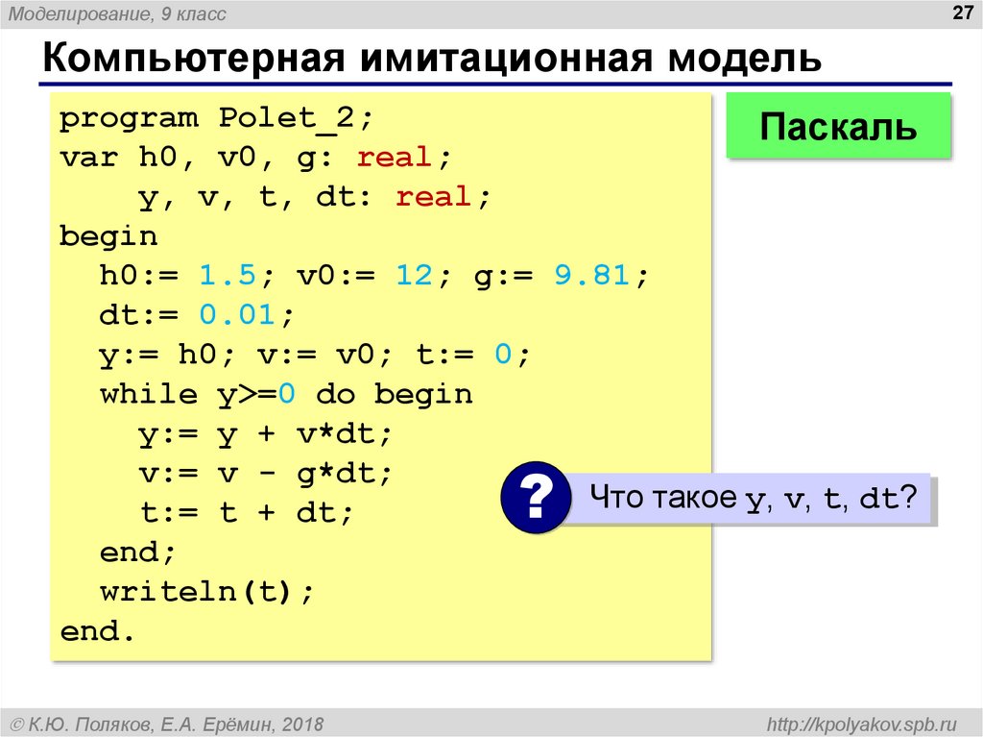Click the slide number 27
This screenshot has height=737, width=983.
pos(962,12)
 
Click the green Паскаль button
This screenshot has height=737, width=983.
pos(838,126)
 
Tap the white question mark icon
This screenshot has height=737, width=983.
pos(535,497)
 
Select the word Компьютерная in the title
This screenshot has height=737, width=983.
pos(194,59)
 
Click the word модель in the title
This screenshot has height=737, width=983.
pos(744,59)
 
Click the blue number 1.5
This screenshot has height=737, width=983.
pos(228,276)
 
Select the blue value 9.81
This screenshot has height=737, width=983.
pos(591,276)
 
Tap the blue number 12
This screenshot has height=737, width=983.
pos(414,276)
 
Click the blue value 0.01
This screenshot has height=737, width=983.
pos(237,315)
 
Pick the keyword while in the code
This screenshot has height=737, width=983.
pos(149,394)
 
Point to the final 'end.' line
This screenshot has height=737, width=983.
pos(97,631)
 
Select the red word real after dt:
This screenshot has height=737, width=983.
pos(433,196)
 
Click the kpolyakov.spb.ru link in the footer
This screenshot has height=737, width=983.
pos(862,725)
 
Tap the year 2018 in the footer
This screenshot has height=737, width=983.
pos(302,725)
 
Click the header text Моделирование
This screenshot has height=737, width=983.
pos(81,13)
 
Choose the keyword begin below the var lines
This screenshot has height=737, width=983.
pos(108,236)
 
